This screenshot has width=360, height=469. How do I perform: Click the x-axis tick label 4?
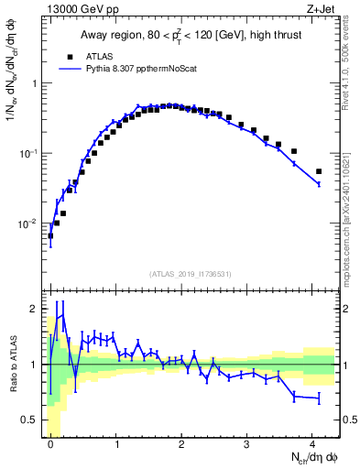pos(312,443)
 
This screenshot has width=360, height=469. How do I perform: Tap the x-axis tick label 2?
pos(182,443)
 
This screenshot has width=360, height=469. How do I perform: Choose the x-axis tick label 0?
pos(50,443)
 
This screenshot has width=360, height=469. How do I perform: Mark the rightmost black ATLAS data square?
pos(319,171)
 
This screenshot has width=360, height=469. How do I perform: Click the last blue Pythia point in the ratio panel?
pos(319,398)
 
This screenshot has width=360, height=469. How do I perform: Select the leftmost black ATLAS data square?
pos(50,235)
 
